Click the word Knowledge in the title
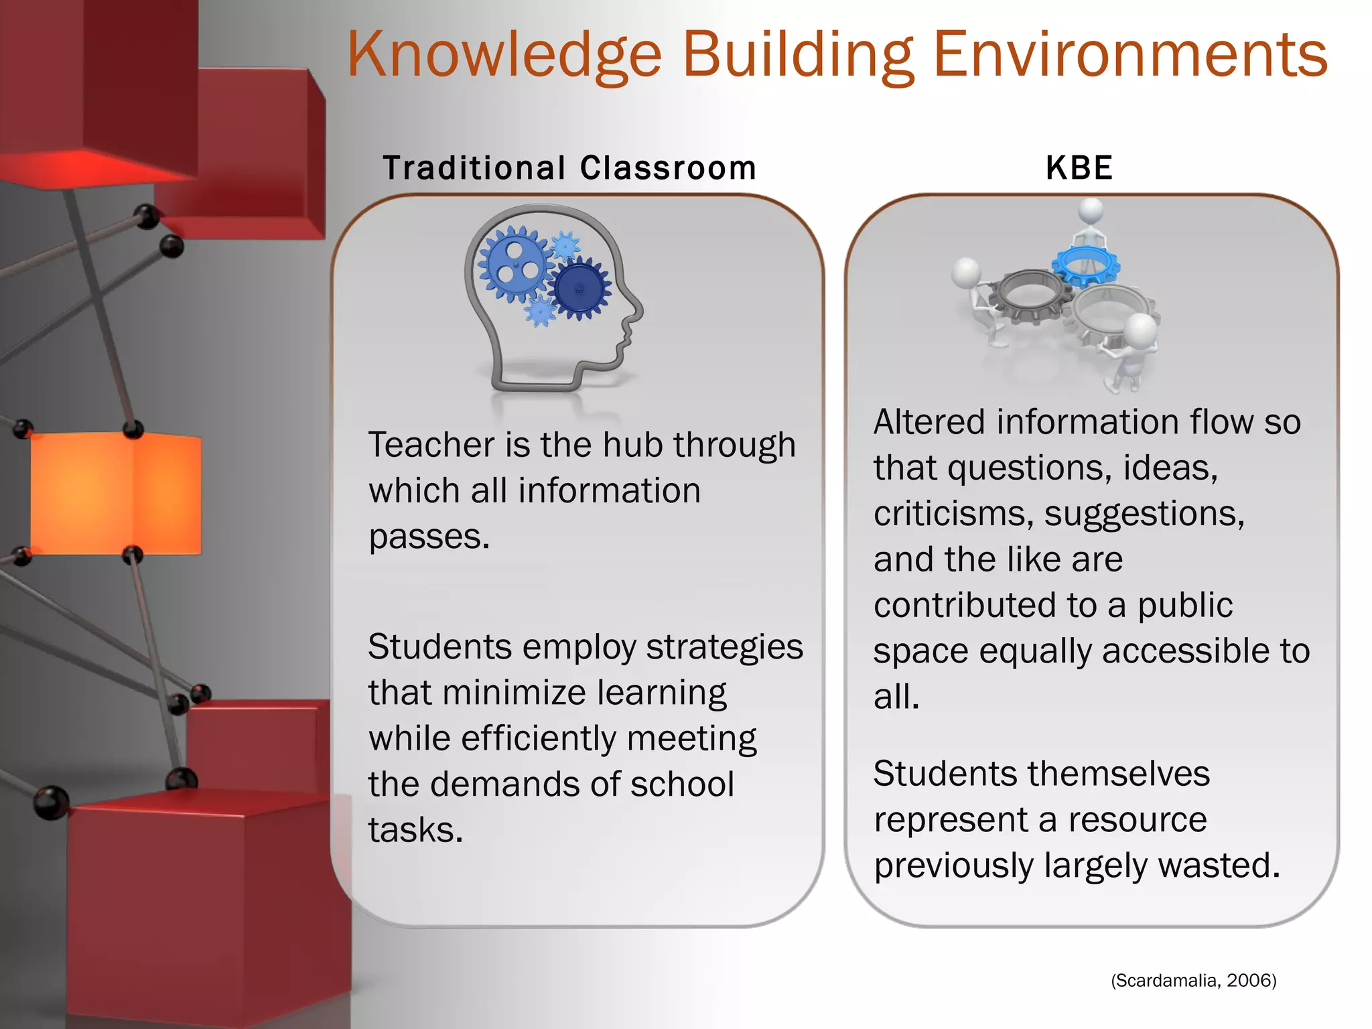coord(504,55)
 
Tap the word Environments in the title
coord(1130,55)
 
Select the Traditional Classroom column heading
coord(569,167)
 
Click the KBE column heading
coord(1079,167)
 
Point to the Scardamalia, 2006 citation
coord(1194,981)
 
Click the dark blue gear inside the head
coord(579,289)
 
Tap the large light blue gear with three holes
coord(515,264)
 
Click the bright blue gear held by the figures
coord(1086,265)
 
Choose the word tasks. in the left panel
coord(415,830)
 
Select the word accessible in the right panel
coord(1178,651)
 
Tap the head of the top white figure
coord(1091,210)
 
